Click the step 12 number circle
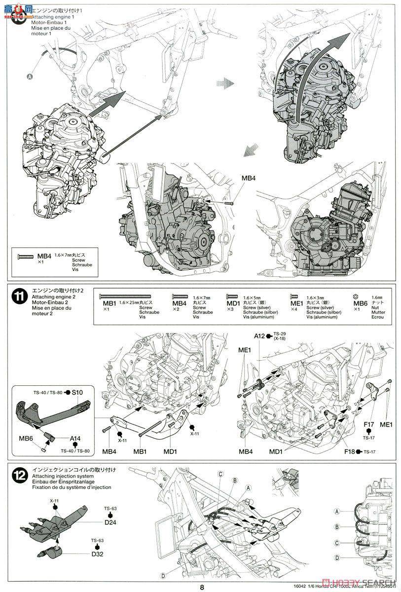click(19, 476)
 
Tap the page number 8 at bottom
click(202, 587)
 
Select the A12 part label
click(260, 336)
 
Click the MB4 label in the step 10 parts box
click(44, 256)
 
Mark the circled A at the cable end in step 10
click(29, 76)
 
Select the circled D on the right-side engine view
click(337, 558)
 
